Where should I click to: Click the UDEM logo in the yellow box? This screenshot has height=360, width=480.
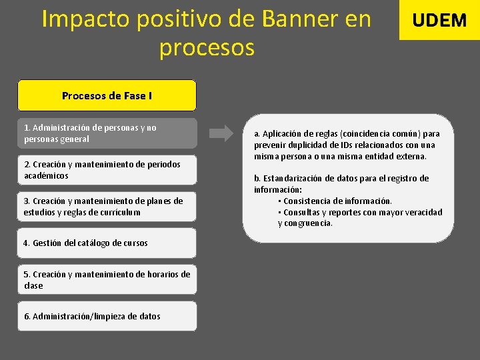point(439,20)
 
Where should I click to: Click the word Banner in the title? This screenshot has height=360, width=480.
point(299,19)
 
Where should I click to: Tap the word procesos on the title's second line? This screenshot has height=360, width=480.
point(207,47)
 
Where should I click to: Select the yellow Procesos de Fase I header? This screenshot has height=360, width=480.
point(107,95)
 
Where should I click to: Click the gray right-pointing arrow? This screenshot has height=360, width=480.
point(221,133)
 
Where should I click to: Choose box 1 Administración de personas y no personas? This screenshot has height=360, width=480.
point(107,133)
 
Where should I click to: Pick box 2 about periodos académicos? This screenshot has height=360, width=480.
point(107,170)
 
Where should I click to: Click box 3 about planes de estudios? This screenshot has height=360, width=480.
point(107,207)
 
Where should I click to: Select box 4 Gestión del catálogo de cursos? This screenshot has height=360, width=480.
point(107,243)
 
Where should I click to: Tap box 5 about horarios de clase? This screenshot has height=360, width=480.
point(107,280)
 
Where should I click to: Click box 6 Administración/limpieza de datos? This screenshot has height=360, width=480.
point(107,316)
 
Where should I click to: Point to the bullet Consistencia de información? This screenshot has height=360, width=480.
point(337,201)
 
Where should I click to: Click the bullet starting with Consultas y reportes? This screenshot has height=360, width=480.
point(360,212)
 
